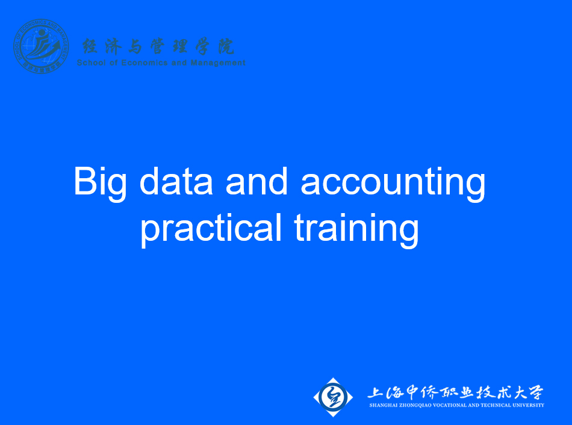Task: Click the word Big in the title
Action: click(x=100, y=181)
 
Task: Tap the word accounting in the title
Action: click(x=393, y=181)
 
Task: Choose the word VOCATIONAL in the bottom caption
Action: click(x=455, y=405)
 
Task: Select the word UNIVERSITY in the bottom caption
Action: click(x=531, y=405)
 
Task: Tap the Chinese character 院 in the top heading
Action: click(x=226, y=46)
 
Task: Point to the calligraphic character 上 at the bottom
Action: click(x=377, y=392)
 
